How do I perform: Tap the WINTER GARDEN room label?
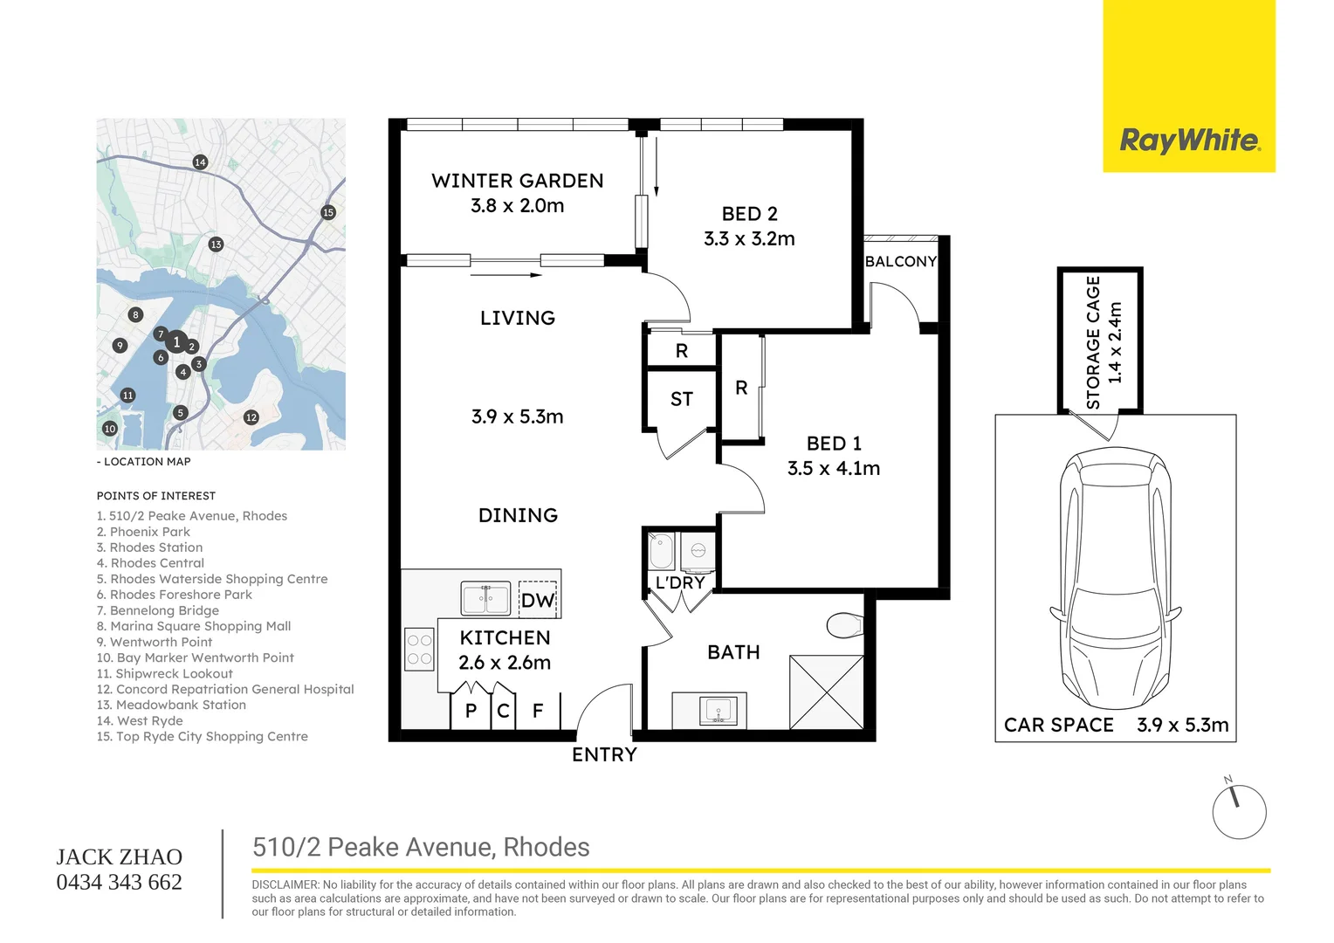click(x=518, y=181)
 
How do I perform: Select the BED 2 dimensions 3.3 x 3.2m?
click(x=749, y=239)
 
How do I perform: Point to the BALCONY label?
click(x=900, y=261)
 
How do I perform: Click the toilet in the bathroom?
click(x=845, y=625)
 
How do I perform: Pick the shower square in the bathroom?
click(x=827, y=692)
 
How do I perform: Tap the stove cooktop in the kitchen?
click(x=419, y=650)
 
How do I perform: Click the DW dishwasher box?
click(x=538, y=599)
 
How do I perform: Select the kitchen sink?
click(x=485, y=598)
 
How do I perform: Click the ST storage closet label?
click(x=681, y=398)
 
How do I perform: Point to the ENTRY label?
click(x=604, y=754)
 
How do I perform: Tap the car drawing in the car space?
click(x=1116, y=578)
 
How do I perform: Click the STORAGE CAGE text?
click(x=1093, y=342)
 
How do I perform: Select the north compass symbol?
click(x=1239, y=811)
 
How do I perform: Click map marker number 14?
click(x=200, y=162)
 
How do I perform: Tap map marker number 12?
click(x=251, y=417)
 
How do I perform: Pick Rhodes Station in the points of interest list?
click(x=149, y=547)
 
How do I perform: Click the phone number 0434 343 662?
click(x=119, y=882)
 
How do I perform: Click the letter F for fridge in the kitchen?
click(x=538, y=711)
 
